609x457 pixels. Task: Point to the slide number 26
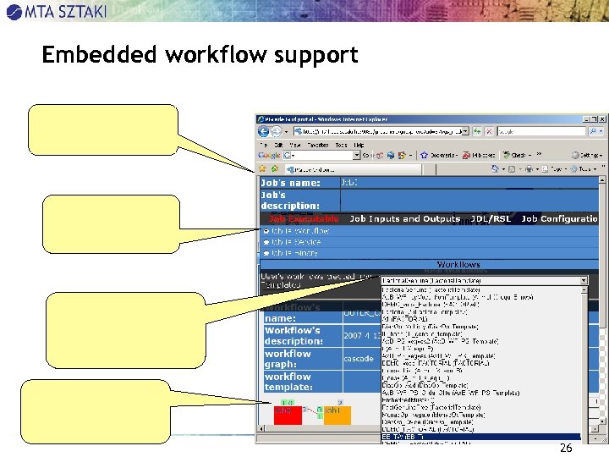pyautogui.click(x=566, y=448)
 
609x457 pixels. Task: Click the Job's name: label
pyautogui.click(x=290, y=183)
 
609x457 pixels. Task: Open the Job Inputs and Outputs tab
pyautogui.click(x=404, y=218)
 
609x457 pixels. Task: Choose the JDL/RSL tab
pyautogui.click(x=491, y=218)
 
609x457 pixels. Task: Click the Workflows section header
pyautogui.click(x=458, y=265)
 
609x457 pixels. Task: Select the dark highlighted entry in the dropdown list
pyautogui.click(x=482, y=437)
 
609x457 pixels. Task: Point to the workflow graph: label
pyautogui.click(x=288, y=359)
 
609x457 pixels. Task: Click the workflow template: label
pyautogui.click(x=290, y=382)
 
